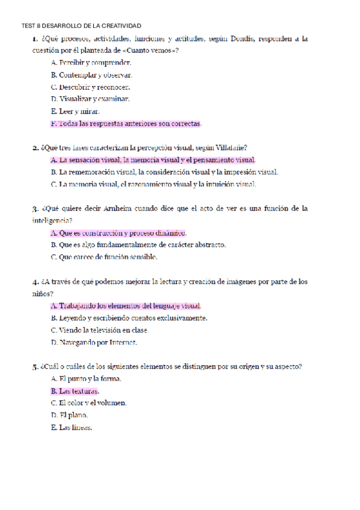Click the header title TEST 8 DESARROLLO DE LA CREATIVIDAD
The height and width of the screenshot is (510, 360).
(81, 26)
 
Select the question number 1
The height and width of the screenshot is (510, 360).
(35, 39)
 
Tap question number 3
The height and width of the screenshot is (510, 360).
(35, 209)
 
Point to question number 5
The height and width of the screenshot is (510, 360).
(35, 366)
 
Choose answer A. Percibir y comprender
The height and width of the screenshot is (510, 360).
(91, 63)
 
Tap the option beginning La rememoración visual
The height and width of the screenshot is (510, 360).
(164, 172)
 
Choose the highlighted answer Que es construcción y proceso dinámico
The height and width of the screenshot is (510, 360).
(119, 233)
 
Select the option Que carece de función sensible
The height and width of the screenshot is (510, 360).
(104, 257)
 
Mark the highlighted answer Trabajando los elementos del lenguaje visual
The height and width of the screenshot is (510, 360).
(126, 306)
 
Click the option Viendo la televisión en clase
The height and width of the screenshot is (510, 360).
(99, 330)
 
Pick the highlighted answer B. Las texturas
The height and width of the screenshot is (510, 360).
(75, 391)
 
